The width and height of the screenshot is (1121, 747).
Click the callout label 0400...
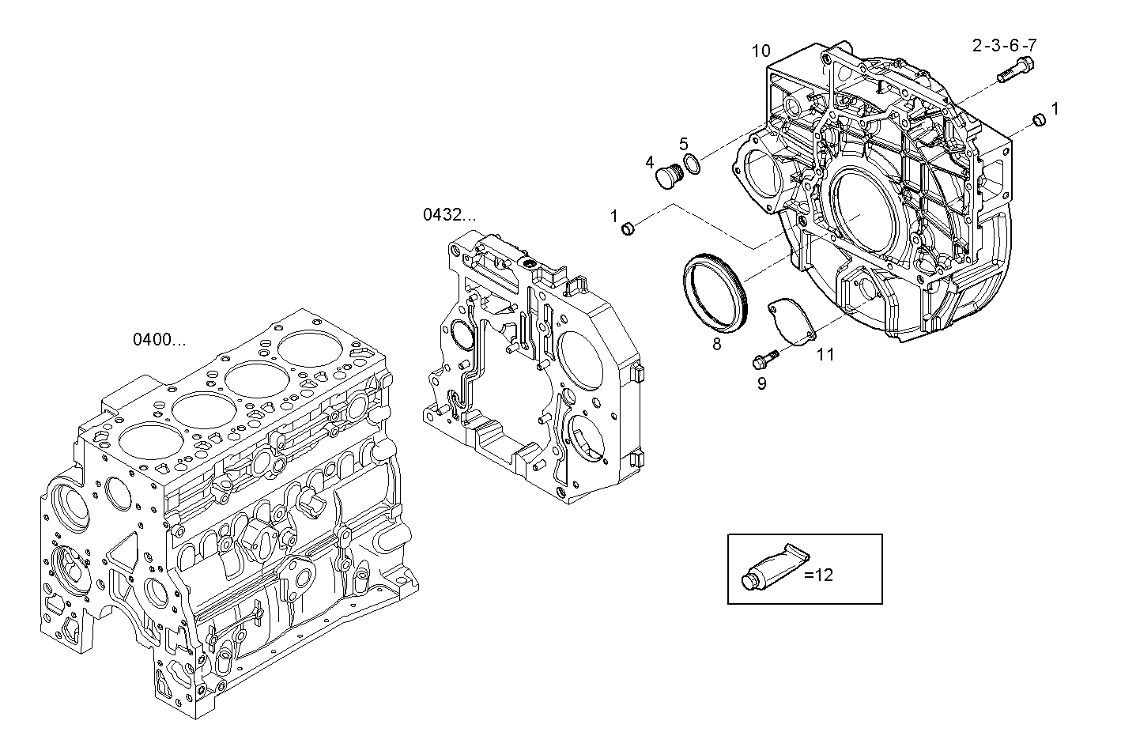[x=159, y=340]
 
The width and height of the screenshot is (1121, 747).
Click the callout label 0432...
[x=449, y=214]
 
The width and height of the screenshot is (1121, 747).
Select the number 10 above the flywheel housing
[x=760, y=51]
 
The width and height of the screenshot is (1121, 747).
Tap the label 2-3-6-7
[x=1004, y=46]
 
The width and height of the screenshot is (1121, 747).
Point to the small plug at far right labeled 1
[x=1040, y=119]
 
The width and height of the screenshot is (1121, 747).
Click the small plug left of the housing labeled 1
[x=629, y=229]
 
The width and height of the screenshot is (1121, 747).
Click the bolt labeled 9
[x=764, y=360]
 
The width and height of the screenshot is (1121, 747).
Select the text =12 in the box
[x=819, y=575]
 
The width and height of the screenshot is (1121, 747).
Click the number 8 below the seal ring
[x=716, y=344]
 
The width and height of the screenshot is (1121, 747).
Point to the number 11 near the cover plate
[x=825, y=355]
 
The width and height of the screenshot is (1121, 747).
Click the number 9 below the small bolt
[x=761, y=383]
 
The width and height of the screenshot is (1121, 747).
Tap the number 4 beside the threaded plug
[x=649, y=163]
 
